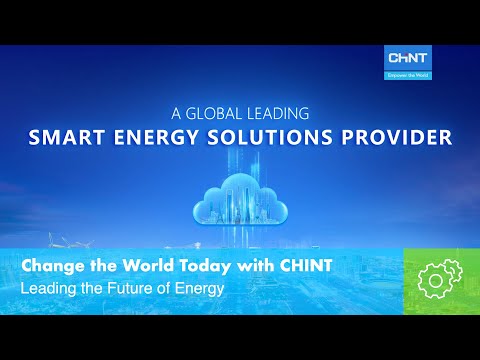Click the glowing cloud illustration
click(240, 205)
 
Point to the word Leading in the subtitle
click(47, 289)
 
